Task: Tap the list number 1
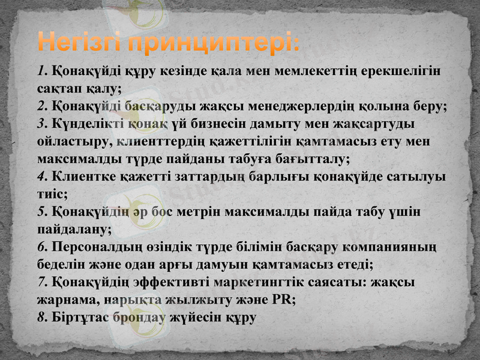tap(41, 71)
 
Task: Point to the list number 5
tap(41, 212)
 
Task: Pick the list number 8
tap(41, 317)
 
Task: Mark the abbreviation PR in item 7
tap(283, 300)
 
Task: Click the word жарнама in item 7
tap(65, 300)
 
